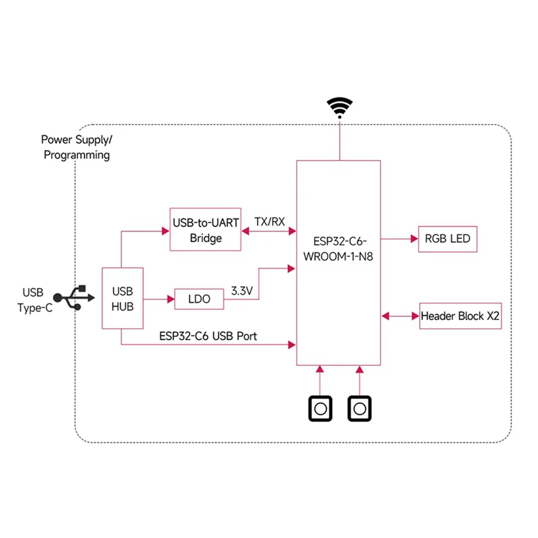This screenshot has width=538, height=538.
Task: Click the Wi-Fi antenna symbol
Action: pos(340,108)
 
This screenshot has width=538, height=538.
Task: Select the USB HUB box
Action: pos(122,298)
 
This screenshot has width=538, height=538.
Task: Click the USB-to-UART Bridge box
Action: pos(206,229)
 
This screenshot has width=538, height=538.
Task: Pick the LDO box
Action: pos(199,299)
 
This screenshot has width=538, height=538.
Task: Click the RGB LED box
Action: pos(447,238)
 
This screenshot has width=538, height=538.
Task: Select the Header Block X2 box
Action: pos(461,315)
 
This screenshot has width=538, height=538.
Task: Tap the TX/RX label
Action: pos(268,221)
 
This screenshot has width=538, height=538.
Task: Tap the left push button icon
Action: pos(320,408)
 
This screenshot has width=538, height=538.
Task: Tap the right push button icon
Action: pos(360,408)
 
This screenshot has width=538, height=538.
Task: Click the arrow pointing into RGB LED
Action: pos(399,238)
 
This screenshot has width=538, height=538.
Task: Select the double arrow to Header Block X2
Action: pos(399,315)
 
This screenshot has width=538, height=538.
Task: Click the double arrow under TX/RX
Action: pos(269,231)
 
